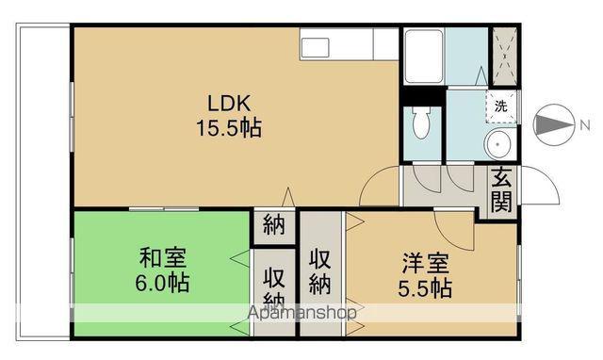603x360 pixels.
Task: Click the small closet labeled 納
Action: [x=274, y=225]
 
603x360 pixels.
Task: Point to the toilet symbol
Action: [x=422, y=123]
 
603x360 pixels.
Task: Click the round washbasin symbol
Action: [x=498, y=145]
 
